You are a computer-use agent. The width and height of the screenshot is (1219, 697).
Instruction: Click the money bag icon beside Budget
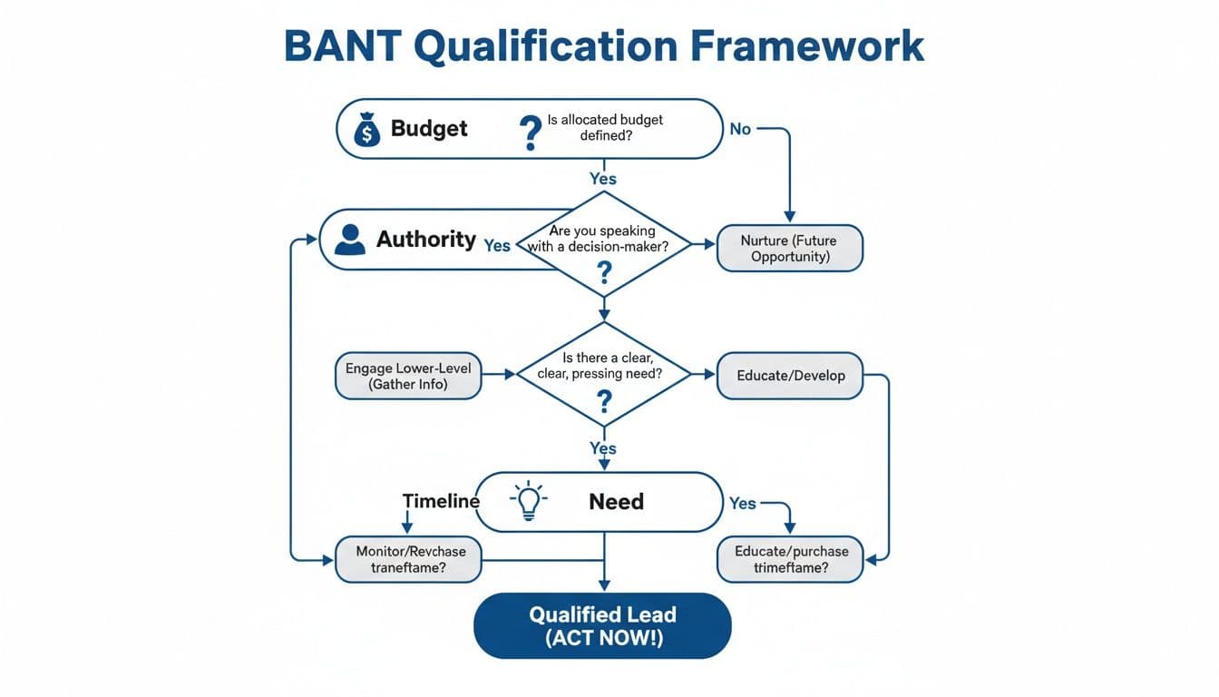point(366,129)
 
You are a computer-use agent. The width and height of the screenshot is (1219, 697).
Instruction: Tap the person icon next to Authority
point(349,240)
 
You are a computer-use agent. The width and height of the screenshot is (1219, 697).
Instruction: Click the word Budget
point(429,129)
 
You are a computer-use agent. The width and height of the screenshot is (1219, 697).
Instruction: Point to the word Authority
point(425,240)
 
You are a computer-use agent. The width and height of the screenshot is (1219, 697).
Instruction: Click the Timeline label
point(441,501)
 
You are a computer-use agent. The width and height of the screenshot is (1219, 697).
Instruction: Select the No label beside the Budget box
point(740,129)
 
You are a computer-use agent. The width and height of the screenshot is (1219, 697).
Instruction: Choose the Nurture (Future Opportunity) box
point(789,249)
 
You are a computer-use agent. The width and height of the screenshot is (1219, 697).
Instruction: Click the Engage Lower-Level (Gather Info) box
point(408,376)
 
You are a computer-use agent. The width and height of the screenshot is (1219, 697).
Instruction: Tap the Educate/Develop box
point(789,376)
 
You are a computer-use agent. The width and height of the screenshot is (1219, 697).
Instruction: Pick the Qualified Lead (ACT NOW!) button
point(602,626)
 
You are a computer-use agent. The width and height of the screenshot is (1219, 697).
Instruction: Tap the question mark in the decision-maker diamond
point(604,270)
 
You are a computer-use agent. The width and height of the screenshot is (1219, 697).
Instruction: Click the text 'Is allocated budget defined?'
point(605,128)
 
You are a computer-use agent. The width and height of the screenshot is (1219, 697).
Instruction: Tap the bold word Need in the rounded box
point(616,502)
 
